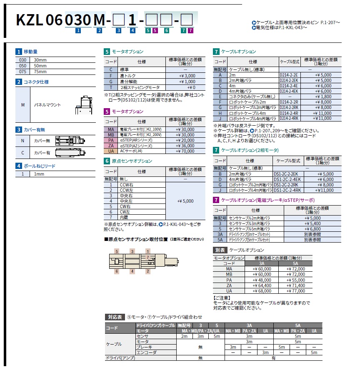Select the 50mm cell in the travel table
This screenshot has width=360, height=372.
pyautogui.click(x=40, y=66)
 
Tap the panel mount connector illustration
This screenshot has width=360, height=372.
pyautogui.click(x=85, y=105)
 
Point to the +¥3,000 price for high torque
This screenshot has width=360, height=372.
pyautogui.click(x=187, y=76)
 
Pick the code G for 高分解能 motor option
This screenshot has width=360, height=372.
pyautogui.click(x=110, y=82)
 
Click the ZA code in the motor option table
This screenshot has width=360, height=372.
pyautogui.click(x=110, y=146)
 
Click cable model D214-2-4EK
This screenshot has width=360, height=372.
pyautogui.click(x=288, y=90)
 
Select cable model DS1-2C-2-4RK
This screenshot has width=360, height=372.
pyautogui.click(x=287, y=190)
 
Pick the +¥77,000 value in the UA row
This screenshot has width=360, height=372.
pyautogui.click(x=296, y=291)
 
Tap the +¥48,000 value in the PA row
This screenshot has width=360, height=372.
pyautogui.click(x=261, y=280)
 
